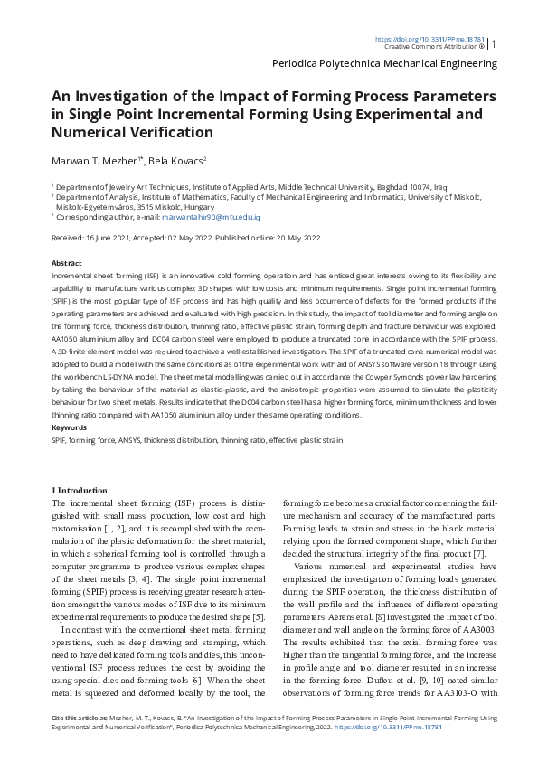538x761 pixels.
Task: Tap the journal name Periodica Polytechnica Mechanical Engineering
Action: [384, 64]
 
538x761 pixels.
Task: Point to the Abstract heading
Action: [67, 263]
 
